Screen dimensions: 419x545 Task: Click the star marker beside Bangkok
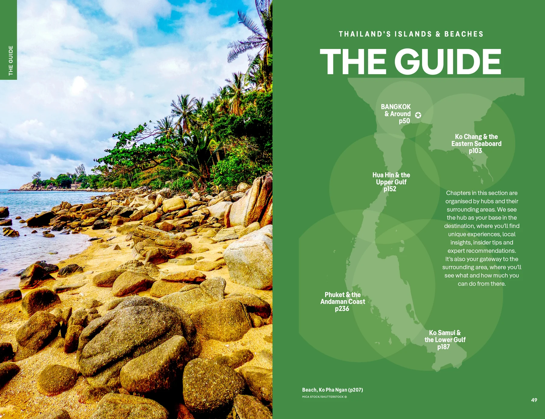418,115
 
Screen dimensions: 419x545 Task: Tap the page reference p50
404,121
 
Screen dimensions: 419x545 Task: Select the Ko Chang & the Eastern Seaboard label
476,140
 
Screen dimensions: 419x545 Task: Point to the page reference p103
475,151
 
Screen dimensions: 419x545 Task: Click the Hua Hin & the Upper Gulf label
391,178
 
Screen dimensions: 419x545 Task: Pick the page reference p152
390,189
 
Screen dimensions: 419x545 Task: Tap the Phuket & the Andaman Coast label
343,298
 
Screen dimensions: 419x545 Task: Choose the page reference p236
342,309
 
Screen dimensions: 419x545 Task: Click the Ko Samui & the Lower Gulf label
445,336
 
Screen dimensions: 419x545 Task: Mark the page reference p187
443,347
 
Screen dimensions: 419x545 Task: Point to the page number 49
534,400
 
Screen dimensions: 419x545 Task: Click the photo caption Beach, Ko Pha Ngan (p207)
332,390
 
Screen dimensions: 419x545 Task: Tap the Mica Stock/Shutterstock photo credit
324,397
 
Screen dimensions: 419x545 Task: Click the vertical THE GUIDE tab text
11,61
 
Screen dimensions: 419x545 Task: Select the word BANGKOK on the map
396,107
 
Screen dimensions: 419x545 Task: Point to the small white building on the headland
74,185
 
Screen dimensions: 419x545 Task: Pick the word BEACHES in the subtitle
464,34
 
